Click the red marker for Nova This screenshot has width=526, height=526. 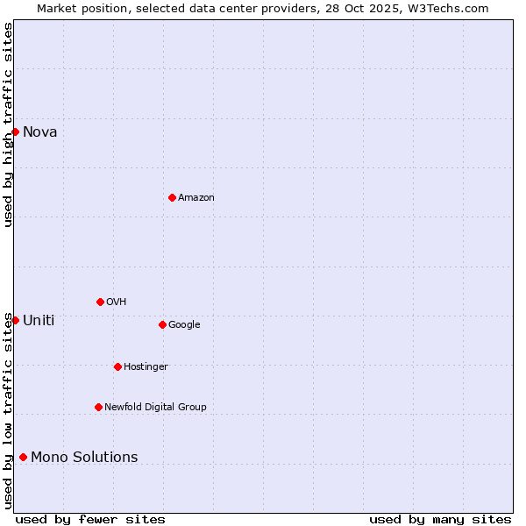tap(15, 131)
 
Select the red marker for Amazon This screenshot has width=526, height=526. tap(172, 197)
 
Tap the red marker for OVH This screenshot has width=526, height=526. tap(100, 302)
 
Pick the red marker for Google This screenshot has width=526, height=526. tap(162, 324)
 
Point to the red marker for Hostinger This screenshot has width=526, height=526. tap(117, 366)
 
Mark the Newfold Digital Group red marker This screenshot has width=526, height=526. tap(98, 407)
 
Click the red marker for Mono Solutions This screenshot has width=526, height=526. tap(23, 457)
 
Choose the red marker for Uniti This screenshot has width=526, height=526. tap(15, 320)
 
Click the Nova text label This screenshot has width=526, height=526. tap(40, 132)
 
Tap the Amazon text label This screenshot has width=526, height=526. tap(195, 198)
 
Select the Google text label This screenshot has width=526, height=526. tap(184, 325)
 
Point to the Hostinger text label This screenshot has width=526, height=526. tap(146, 367)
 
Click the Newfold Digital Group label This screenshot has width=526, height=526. tap(155, 408)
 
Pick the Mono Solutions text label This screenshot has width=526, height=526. tap(84, 458)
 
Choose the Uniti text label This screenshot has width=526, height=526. tap(39, 321)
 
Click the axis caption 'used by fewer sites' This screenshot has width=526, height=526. tap(90, 519)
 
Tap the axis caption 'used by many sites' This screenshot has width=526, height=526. tap(440, 519)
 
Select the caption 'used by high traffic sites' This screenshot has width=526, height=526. tap(8, 124)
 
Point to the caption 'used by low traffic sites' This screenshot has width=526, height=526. tap(8, 410)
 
